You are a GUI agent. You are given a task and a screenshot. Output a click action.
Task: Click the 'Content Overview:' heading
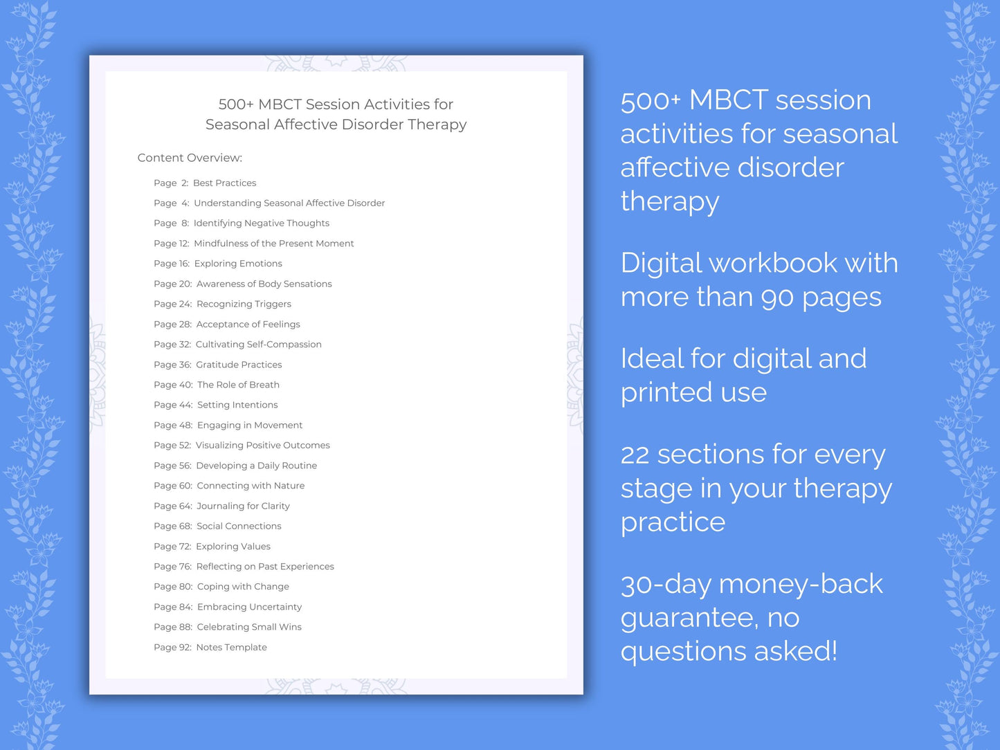(190, 158)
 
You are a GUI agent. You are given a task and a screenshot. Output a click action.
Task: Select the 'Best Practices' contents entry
(224, 183)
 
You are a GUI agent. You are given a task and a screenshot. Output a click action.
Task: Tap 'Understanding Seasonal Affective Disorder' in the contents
(289, 203)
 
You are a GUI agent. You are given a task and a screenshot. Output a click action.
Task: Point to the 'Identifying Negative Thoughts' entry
(261, 223)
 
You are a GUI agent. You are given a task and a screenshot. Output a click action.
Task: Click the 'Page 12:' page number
(171, 244)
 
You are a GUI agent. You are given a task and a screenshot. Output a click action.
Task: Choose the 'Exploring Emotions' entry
(238, 264)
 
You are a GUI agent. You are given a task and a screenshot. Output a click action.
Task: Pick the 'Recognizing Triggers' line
(244, 304)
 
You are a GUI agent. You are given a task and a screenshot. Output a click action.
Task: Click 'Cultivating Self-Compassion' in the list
(258, 345)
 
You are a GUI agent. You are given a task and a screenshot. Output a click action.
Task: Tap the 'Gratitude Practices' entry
(239, 365)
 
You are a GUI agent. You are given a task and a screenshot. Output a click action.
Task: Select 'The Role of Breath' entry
(238, 385)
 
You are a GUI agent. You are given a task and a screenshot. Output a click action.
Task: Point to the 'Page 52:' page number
(172, 446)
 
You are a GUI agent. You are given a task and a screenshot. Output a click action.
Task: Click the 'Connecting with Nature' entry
(251, 486)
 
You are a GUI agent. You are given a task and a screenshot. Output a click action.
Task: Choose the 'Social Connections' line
(239, 527)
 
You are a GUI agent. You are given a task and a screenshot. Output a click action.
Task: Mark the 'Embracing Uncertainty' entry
(249, 607)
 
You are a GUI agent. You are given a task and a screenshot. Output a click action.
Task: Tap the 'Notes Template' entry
(231, 648)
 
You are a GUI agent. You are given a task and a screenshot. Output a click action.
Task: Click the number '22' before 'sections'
(635, 455)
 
